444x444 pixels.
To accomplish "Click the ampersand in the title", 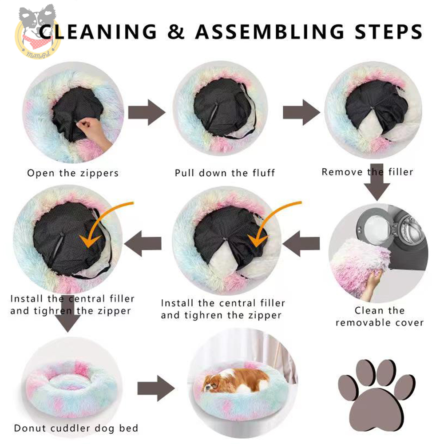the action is (x=175, y=31).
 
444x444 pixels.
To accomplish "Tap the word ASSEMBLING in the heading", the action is (x=270, y=32).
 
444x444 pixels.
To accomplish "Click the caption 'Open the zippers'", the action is (x=73, y=173).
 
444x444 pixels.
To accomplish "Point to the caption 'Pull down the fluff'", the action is (x=225, y=173).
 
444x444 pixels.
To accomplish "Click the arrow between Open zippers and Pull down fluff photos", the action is (x=147, y=112).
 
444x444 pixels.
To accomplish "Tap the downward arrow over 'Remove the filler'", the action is (x=377, y=182).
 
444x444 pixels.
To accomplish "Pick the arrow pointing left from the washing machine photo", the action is (x=301, y=243).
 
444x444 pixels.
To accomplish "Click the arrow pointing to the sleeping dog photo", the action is (x=156, y=388).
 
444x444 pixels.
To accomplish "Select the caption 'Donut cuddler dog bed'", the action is (x=76, y=428).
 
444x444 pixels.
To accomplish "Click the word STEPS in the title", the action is (x=388, y=32).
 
